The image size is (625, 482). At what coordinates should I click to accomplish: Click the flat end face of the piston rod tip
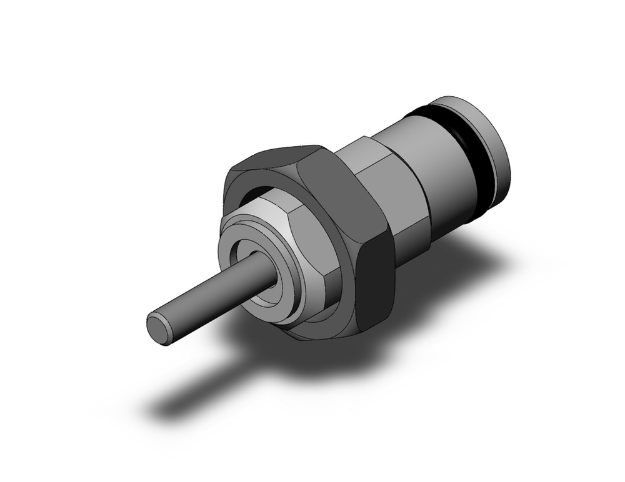point(159,328)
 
